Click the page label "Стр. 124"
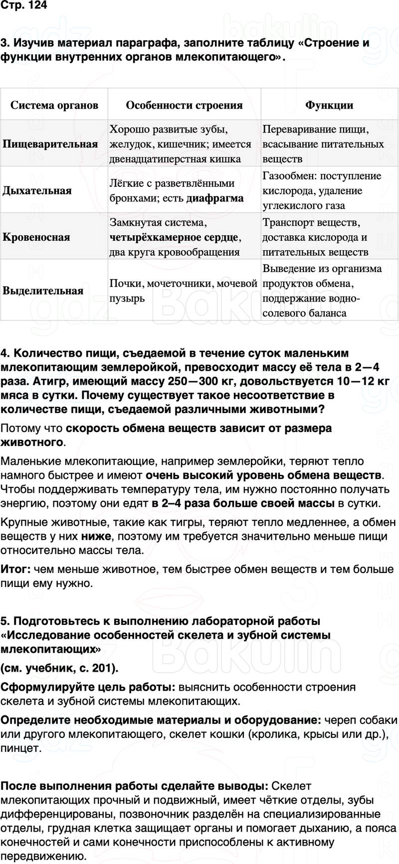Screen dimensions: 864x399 (x=23, y=7)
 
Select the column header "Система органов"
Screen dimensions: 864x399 (x=54, y=105)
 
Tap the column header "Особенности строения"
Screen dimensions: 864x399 (x=184, y=105)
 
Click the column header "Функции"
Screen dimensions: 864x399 (x=329, y=105)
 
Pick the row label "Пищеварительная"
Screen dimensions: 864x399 (x=50, y=144)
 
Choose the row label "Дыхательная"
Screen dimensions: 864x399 (x=37, y=190)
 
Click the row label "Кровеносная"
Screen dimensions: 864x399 (x=36, y=237)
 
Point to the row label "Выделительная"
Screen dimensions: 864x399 (x=43, y=291)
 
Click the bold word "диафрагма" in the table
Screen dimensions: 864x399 (x=215, y=198)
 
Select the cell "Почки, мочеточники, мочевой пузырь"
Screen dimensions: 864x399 (x=183, y=291)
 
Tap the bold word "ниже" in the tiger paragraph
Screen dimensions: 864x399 (x=97, y=536)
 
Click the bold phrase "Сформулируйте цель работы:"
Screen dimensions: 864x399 (x=88, y=687)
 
